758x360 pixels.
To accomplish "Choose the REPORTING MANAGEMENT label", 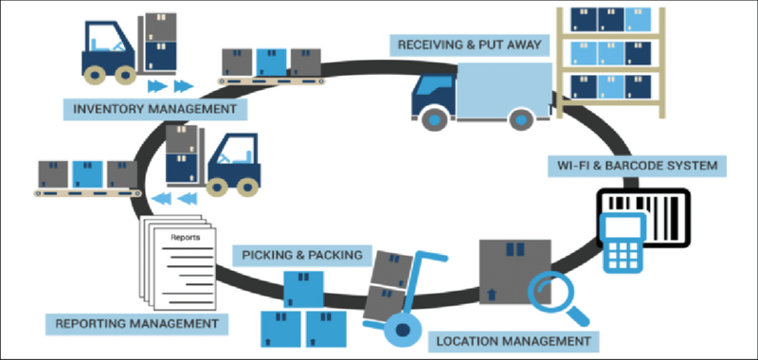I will pos(136,324).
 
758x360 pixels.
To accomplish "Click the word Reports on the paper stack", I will pos(185,237).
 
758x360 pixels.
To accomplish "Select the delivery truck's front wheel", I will pos(434,118).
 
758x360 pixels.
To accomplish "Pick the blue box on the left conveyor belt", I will pos(87,173).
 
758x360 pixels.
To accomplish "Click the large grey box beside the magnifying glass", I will pos(513,270).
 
